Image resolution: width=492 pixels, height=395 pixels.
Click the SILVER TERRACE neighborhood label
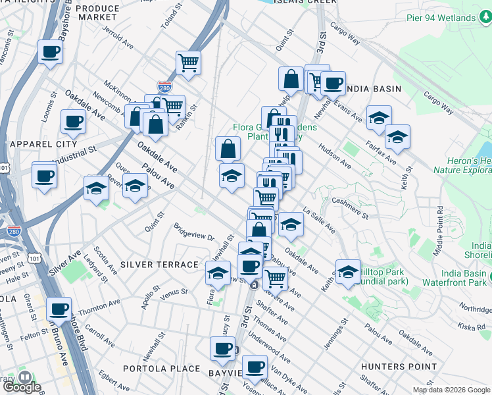coord(159,264)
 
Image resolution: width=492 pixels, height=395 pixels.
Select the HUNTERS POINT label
coord(399,366)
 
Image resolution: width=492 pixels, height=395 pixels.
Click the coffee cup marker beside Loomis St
coord(73,121)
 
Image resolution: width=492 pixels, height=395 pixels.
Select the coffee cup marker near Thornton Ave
coord(59,308)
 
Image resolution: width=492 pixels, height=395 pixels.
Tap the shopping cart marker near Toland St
coord(188,63)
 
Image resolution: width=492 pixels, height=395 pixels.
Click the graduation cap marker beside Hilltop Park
coord(348,271)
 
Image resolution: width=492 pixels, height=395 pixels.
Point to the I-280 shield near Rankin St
coord(164,86)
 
